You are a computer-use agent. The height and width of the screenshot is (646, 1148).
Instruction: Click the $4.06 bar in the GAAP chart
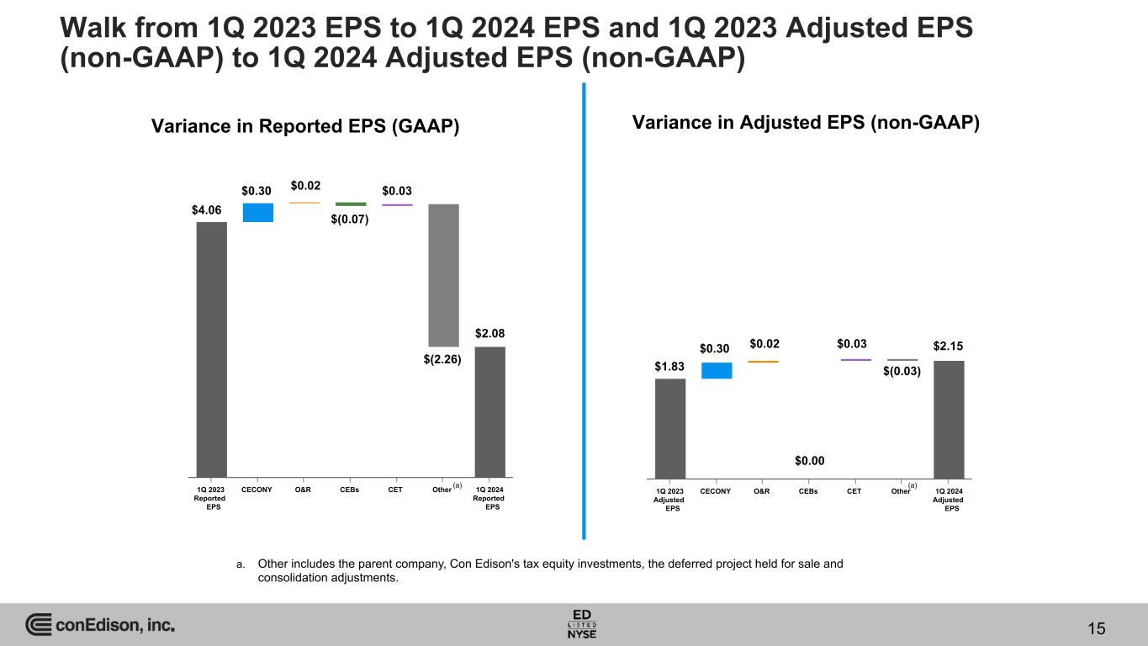211,349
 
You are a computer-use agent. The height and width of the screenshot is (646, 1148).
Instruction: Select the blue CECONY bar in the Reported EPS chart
257,213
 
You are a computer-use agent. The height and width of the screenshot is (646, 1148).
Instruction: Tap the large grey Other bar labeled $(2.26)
443,274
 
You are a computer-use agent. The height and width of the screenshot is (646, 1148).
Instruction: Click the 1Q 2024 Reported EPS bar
489,411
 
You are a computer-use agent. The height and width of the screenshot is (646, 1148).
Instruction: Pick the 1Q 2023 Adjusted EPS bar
669,428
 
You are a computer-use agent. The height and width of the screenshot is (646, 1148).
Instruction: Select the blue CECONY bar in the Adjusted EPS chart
717,370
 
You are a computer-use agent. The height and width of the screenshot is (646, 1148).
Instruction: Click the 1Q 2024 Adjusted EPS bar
949,419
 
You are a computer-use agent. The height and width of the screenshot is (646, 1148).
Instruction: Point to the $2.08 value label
489,334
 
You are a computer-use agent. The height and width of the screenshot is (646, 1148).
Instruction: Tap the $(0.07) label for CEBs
351,220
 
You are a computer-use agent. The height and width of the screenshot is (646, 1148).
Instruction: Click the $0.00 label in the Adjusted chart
809,460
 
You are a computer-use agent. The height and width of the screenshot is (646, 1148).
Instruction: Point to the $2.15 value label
949,346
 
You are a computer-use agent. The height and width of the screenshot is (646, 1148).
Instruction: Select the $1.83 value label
669,366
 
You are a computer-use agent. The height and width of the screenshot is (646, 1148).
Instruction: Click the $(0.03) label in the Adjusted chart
902,372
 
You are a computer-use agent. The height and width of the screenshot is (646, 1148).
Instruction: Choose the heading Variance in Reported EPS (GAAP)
304,126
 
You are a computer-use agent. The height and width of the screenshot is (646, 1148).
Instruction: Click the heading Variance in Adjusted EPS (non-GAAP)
807,123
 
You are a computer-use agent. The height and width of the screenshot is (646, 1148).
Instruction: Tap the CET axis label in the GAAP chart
396,488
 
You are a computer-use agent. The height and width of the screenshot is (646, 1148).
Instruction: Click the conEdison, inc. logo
100,625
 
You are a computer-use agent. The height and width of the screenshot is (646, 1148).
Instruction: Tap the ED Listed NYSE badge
583,623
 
